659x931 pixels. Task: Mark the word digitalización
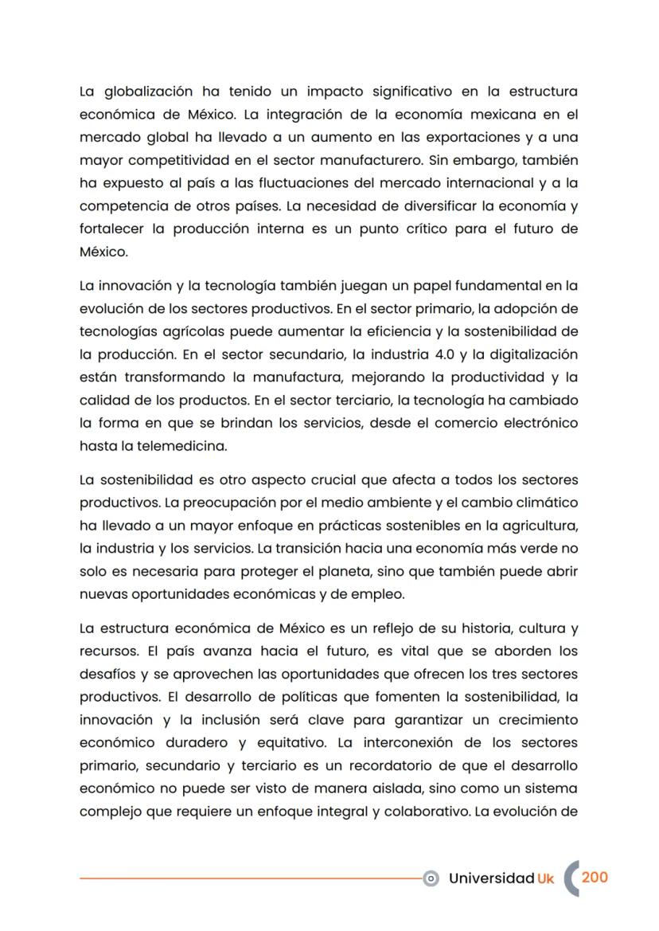coord(527,354)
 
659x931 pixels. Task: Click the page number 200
coord(595,877)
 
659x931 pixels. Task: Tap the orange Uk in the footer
coord(545,878)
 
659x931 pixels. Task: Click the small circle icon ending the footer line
coord(431,878)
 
